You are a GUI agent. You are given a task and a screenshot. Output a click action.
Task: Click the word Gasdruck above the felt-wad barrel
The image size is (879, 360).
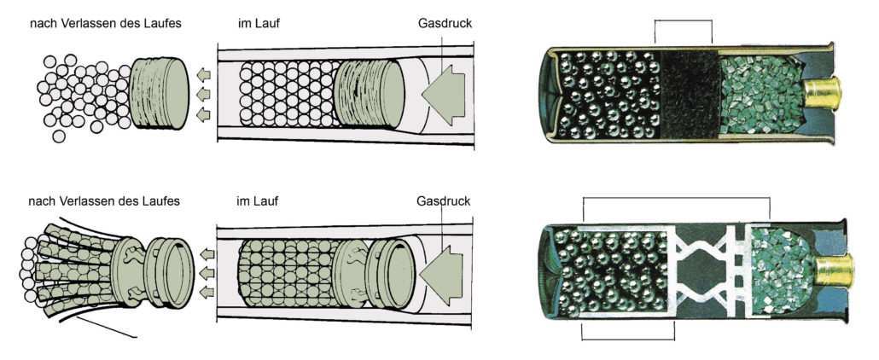[x=445, y=24]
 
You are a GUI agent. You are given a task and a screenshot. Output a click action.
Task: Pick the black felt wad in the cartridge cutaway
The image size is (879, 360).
[x=691, y=92]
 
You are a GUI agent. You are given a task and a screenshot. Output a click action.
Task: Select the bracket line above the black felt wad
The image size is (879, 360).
[x=682, y=20]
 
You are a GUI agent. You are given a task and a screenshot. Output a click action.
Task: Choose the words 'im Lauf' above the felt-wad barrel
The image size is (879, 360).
[x=259, y=24]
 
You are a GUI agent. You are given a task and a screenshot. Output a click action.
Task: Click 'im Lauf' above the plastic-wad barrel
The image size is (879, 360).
[x=259, y=201]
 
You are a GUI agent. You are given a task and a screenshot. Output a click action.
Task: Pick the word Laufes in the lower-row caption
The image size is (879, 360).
[x=160, y=201]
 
